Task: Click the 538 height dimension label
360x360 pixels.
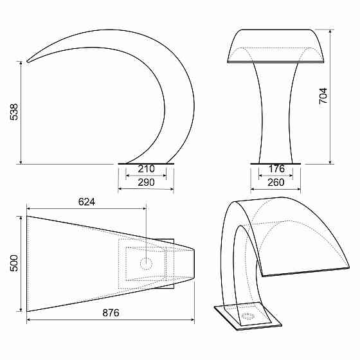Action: click(14, 112)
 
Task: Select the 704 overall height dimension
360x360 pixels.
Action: click(323, 96)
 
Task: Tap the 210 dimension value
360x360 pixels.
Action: click(147, 169)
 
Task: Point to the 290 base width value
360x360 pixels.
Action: click(147, 183)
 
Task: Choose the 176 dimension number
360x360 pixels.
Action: click(276, 169)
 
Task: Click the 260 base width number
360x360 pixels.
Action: click(276, 183)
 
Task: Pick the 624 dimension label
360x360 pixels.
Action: click(87, 202)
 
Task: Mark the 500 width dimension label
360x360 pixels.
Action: click(14, 264)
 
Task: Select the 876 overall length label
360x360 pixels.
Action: click(111, 312)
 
